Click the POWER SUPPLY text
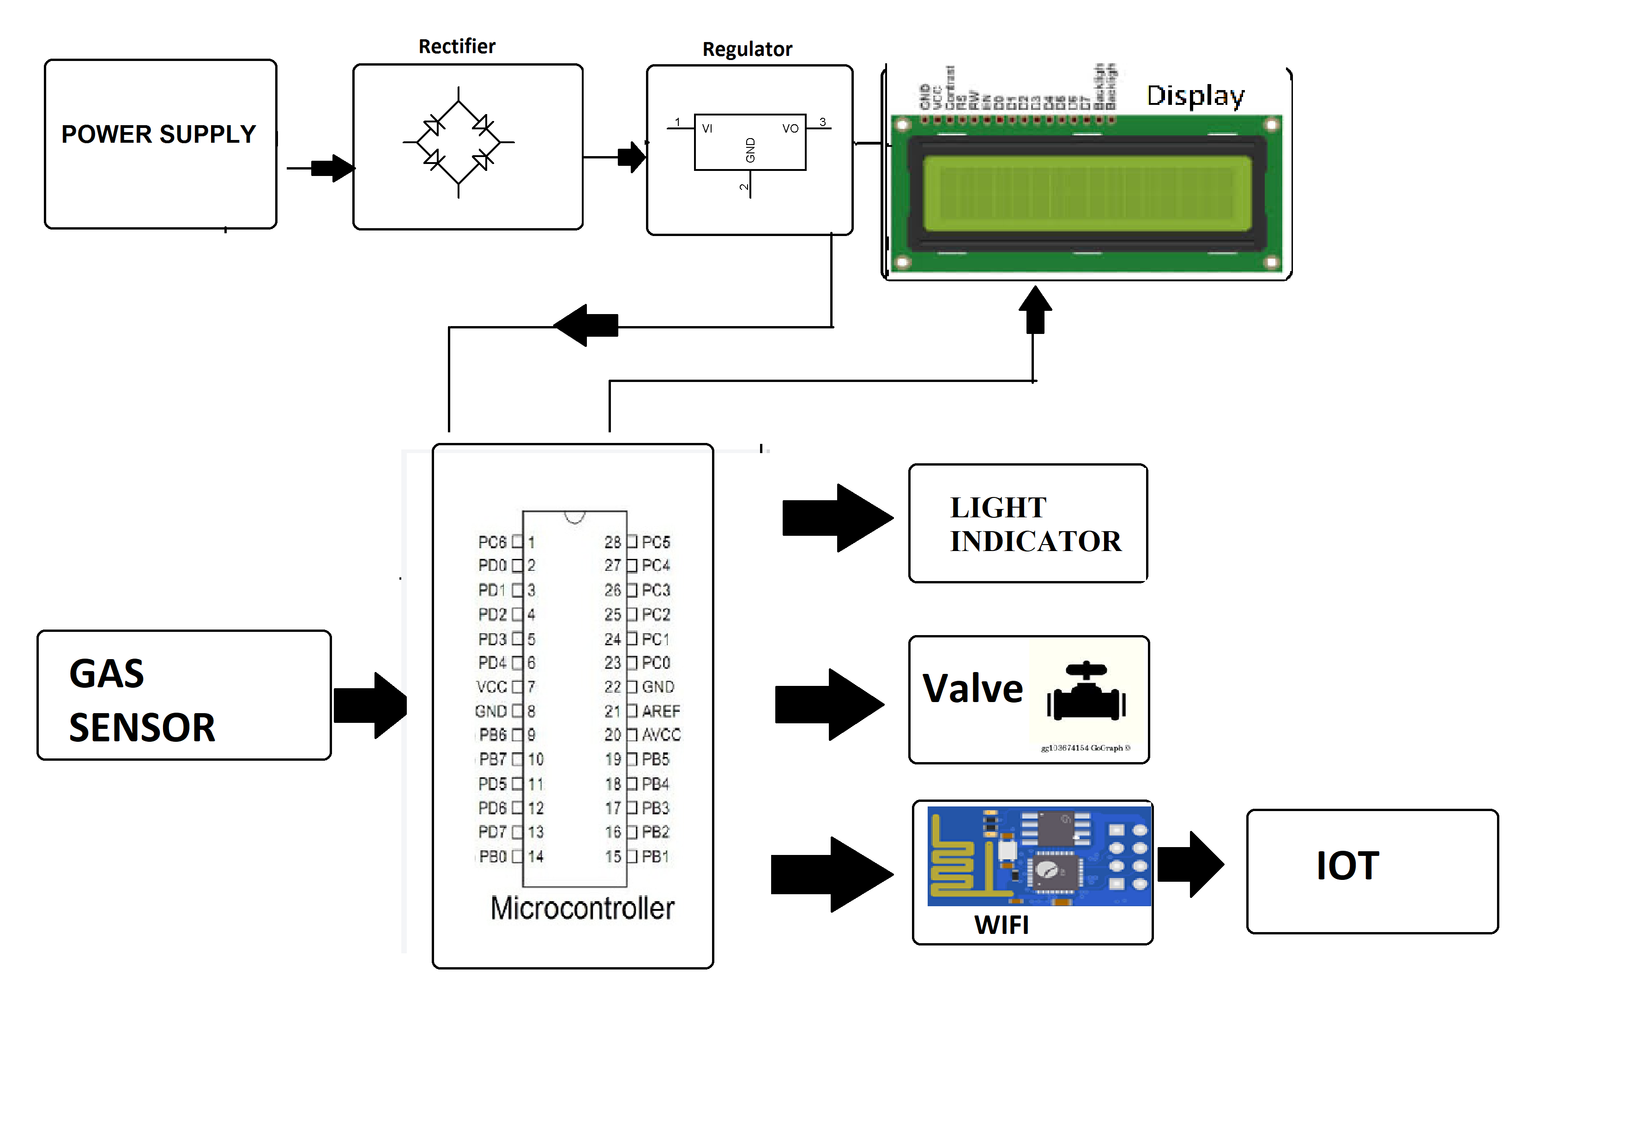[158, 134]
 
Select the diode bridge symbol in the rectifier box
[459, 142]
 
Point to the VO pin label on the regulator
[790, 128]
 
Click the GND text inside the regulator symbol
[750, 150]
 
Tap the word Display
[1195, 96]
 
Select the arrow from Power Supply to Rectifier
[332, 168]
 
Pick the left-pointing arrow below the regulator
[586, 325]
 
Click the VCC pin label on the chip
[491, 687]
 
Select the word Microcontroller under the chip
[582, 908]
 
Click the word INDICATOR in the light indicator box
[1035, 541]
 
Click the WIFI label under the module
[1001, 924]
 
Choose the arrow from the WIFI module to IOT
[1190, 864]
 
